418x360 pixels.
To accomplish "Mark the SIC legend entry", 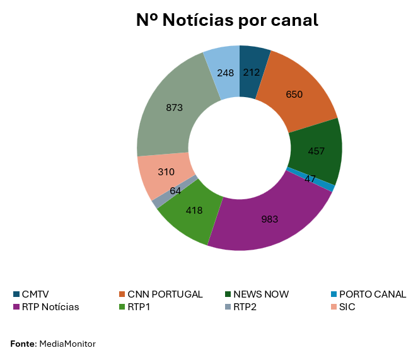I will point(347,307).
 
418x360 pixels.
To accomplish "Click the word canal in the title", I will point(292,20).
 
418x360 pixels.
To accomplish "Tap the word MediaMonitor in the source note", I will point(67,344).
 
